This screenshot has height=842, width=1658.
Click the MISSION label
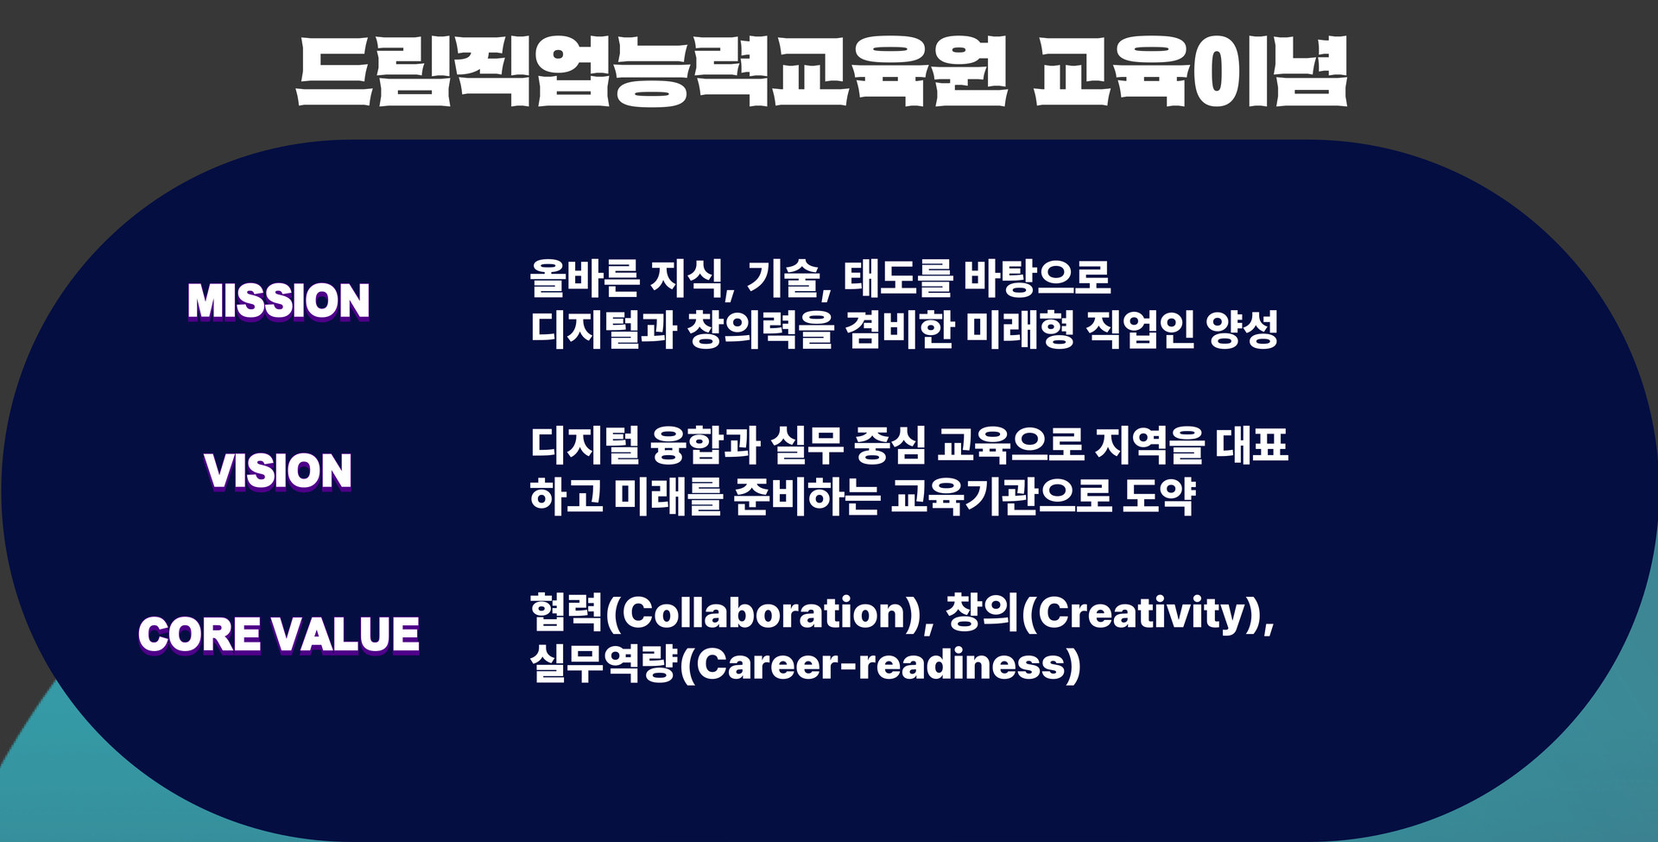coord(279,301)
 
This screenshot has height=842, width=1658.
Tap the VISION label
coord(278,471)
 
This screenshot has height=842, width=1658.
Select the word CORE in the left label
coord(199,634)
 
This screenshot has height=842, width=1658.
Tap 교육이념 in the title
coord(1192,72)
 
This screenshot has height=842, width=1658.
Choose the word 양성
coord(1243,329)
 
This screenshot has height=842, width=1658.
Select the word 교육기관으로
coord(1001,497)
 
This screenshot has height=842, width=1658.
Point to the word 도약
coord(1159,497)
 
